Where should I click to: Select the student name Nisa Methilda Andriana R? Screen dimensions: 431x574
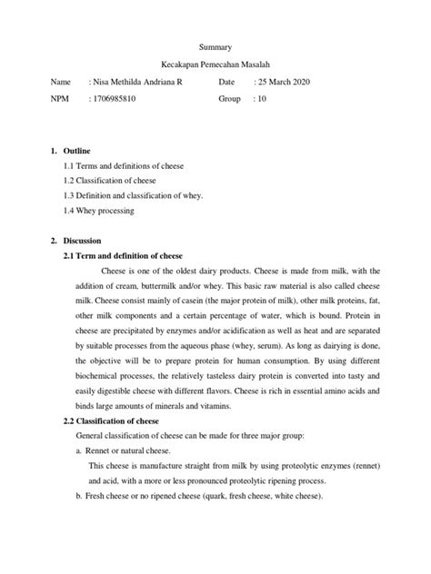[147, 83]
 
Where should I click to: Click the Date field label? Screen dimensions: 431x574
[227, 83]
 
